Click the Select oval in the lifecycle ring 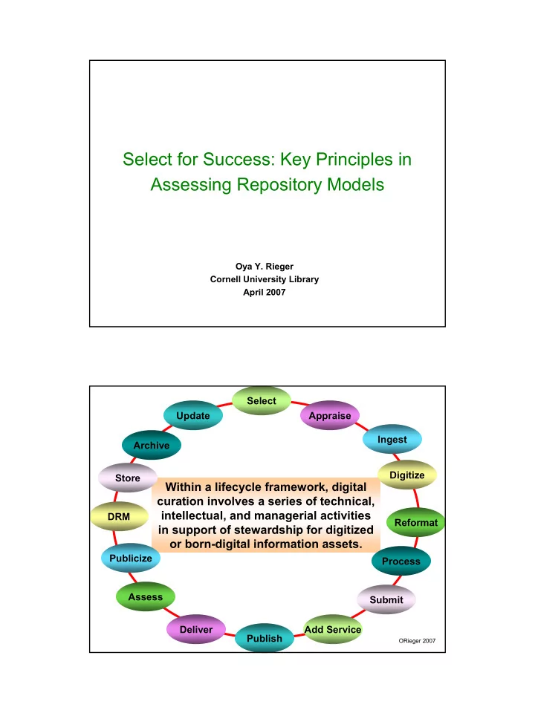tap(261, 400)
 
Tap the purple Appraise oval tap(330, 415)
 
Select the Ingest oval tap(392, 439)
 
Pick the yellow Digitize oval tap(407, 475)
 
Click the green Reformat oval tap(416, 522)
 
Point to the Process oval tap(401, 561)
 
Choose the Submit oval tap(386, 600)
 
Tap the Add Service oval tap(333, 629)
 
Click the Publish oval tap(265, 638)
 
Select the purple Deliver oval tap(196, 629)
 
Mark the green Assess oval tap(145, 596)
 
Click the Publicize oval tap(131, 558)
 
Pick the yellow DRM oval tap(119, 517)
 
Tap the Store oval tap(128, 478)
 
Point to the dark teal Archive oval tap(152, 445)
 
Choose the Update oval tap(193, 415)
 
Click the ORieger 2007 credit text tap(417, 641)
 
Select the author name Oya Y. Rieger tap(265, 267)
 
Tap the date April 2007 tap(265, 293)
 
